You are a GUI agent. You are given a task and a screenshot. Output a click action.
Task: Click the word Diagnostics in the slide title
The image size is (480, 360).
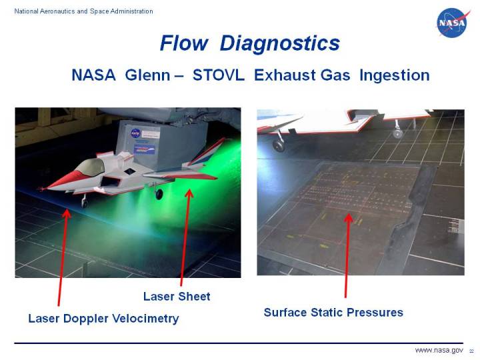click(x=279, y=43)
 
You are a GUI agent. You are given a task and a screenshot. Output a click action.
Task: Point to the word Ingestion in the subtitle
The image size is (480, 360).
click(x=394, y=75)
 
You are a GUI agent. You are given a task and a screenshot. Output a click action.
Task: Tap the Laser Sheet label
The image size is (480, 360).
click(x=177, y=296)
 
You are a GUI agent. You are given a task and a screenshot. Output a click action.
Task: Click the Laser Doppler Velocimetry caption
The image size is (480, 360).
click(x=103, y=319)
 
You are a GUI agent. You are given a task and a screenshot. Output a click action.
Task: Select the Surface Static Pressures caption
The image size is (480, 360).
click(x=333, y=312)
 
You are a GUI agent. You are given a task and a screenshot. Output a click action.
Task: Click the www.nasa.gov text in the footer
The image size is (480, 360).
click(x=439, y=350)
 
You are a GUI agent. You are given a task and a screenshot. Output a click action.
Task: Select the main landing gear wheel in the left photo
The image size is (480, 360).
click(x=159, y=195)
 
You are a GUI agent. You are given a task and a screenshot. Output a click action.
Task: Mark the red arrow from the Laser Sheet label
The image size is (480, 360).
click(x=185, y=240)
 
